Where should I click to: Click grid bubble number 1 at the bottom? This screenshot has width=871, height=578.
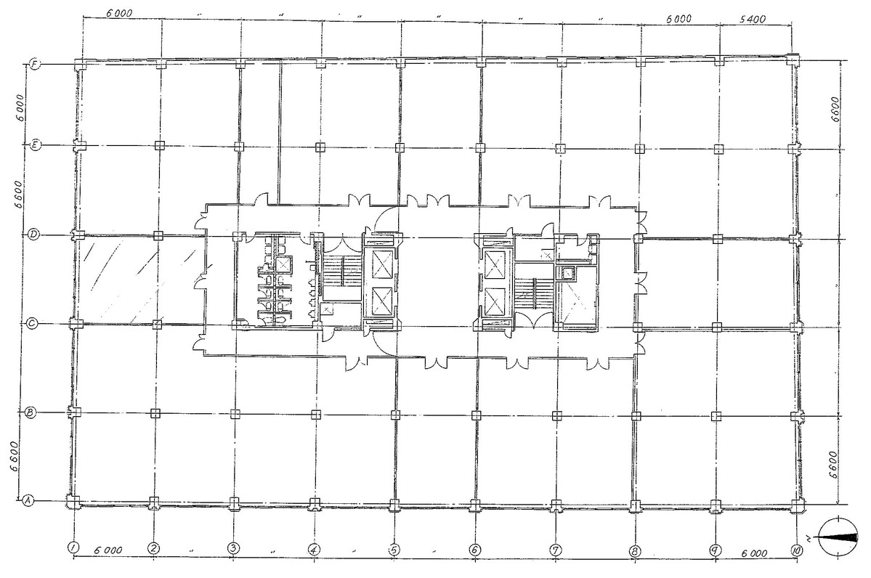click(x=72, y=548)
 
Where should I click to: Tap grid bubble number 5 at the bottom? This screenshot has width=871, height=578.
click(x=394, y=550)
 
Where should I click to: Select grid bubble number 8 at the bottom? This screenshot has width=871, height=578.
click(x=635, y=551)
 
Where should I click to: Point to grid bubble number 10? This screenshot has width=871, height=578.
click(x=797, y=550)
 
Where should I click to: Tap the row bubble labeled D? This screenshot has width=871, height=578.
click(x=33, y=235)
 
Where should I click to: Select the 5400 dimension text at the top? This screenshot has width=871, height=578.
click(x=753, y=20)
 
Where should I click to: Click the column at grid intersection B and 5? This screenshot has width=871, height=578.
click(x=395, y=414)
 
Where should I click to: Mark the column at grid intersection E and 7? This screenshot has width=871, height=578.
click(x=561, y=149)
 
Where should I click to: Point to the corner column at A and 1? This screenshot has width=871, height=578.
click(x=73, y=501)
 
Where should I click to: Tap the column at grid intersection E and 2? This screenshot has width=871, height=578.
click(x=159, y=145)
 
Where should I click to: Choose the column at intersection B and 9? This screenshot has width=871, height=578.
click(x=716, y=415)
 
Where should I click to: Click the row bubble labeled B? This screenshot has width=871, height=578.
click(x=31, y=412)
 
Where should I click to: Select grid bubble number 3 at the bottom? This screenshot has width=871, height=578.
click(x=233, y=548)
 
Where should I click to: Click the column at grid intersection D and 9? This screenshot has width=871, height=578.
click(x=717, y=240)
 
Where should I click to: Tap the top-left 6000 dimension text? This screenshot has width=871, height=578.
click(x=119, y=13)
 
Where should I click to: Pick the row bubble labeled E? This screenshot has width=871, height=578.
click(x=35, y=145)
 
